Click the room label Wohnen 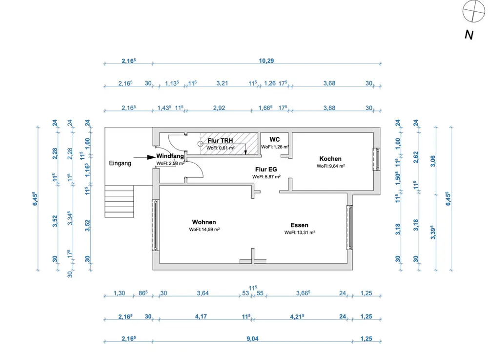click(204, 222)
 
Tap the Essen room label click(299, 225)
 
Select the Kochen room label click(330, 159)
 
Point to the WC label click(274, 140)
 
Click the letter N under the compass click(469, 35)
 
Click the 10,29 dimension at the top click(266, 61)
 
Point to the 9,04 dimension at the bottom click(251, 338)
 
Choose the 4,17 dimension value click(201, 317)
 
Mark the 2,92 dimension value click(219, 108)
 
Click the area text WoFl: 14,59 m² click(204, 229)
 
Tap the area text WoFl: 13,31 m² click(300, 233)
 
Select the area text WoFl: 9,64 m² click(331, 166)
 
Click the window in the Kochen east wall click(376, 159)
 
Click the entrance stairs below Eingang click(119, 201)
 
